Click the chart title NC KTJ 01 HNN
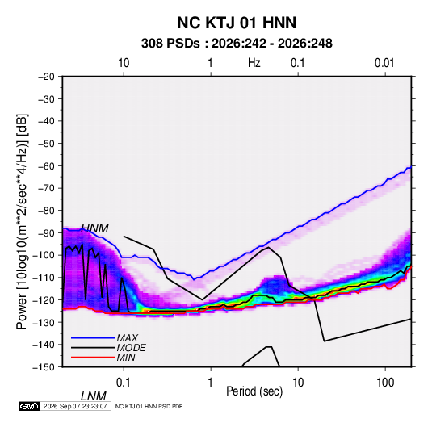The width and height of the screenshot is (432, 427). [x=237, y=23]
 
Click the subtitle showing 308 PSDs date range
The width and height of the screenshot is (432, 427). [x=237, y=44]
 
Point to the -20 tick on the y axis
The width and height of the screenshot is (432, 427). [x=46, y=77]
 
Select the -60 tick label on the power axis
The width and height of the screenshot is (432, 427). [x=46, y=165]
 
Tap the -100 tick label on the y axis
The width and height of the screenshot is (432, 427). [x=44, y=255]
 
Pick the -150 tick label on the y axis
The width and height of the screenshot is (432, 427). [x=44, y=367]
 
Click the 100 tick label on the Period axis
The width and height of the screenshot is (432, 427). [x=385, y=383]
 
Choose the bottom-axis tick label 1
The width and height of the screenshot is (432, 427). [x=211, y=383]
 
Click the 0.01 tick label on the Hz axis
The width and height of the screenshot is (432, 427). [x=384, y=63]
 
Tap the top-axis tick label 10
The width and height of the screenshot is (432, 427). [x=124, y=63]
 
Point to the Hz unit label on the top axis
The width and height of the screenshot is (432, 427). [x=254, y=63]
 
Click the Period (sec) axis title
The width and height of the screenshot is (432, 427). [x=254, y=391]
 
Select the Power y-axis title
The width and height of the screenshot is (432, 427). [x=22, y=221]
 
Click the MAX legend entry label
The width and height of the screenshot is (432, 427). [x=128, y=337]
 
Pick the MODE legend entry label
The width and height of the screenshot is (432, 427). [x=131, y=348]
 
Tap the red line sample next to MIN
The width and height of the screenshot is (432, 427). [x=93, y=358]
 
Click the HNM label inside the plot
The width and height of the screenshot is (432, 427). [x=95, y=228]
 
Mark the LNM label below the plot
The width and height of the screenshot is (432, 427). [x=94, y=396]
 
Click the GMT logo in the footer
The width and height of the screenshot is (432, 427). [x=29, y=406]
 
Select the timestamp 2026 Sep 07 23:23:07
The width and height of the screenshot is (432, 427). [x=75, y=406]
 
